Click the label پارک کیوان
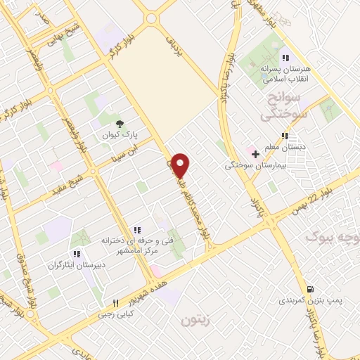tap(117, 134)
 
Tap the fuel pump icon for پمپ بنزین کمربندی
tap(310, 288)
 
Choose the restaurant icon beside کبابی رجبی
tap(116, 304)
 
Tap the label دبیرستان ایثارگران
tap(75, 265)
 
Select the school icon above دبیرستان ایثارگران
tap(76, 253)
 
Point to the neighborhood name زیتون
tap(195, 321)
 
